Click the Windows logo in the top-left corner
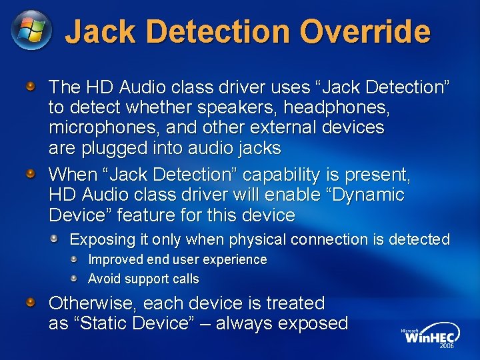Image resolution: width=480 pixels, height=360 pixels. pos(31,31)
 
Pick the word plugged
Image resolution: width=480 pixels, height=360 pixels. pos(115,147)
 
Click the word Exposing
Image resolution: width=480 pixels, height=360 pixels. pos(99,239)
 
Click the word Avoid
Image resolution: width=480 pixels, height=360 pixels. pos(103,279)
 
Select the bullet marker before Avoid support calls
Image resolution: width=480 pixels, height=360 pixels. pos(75,278)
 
